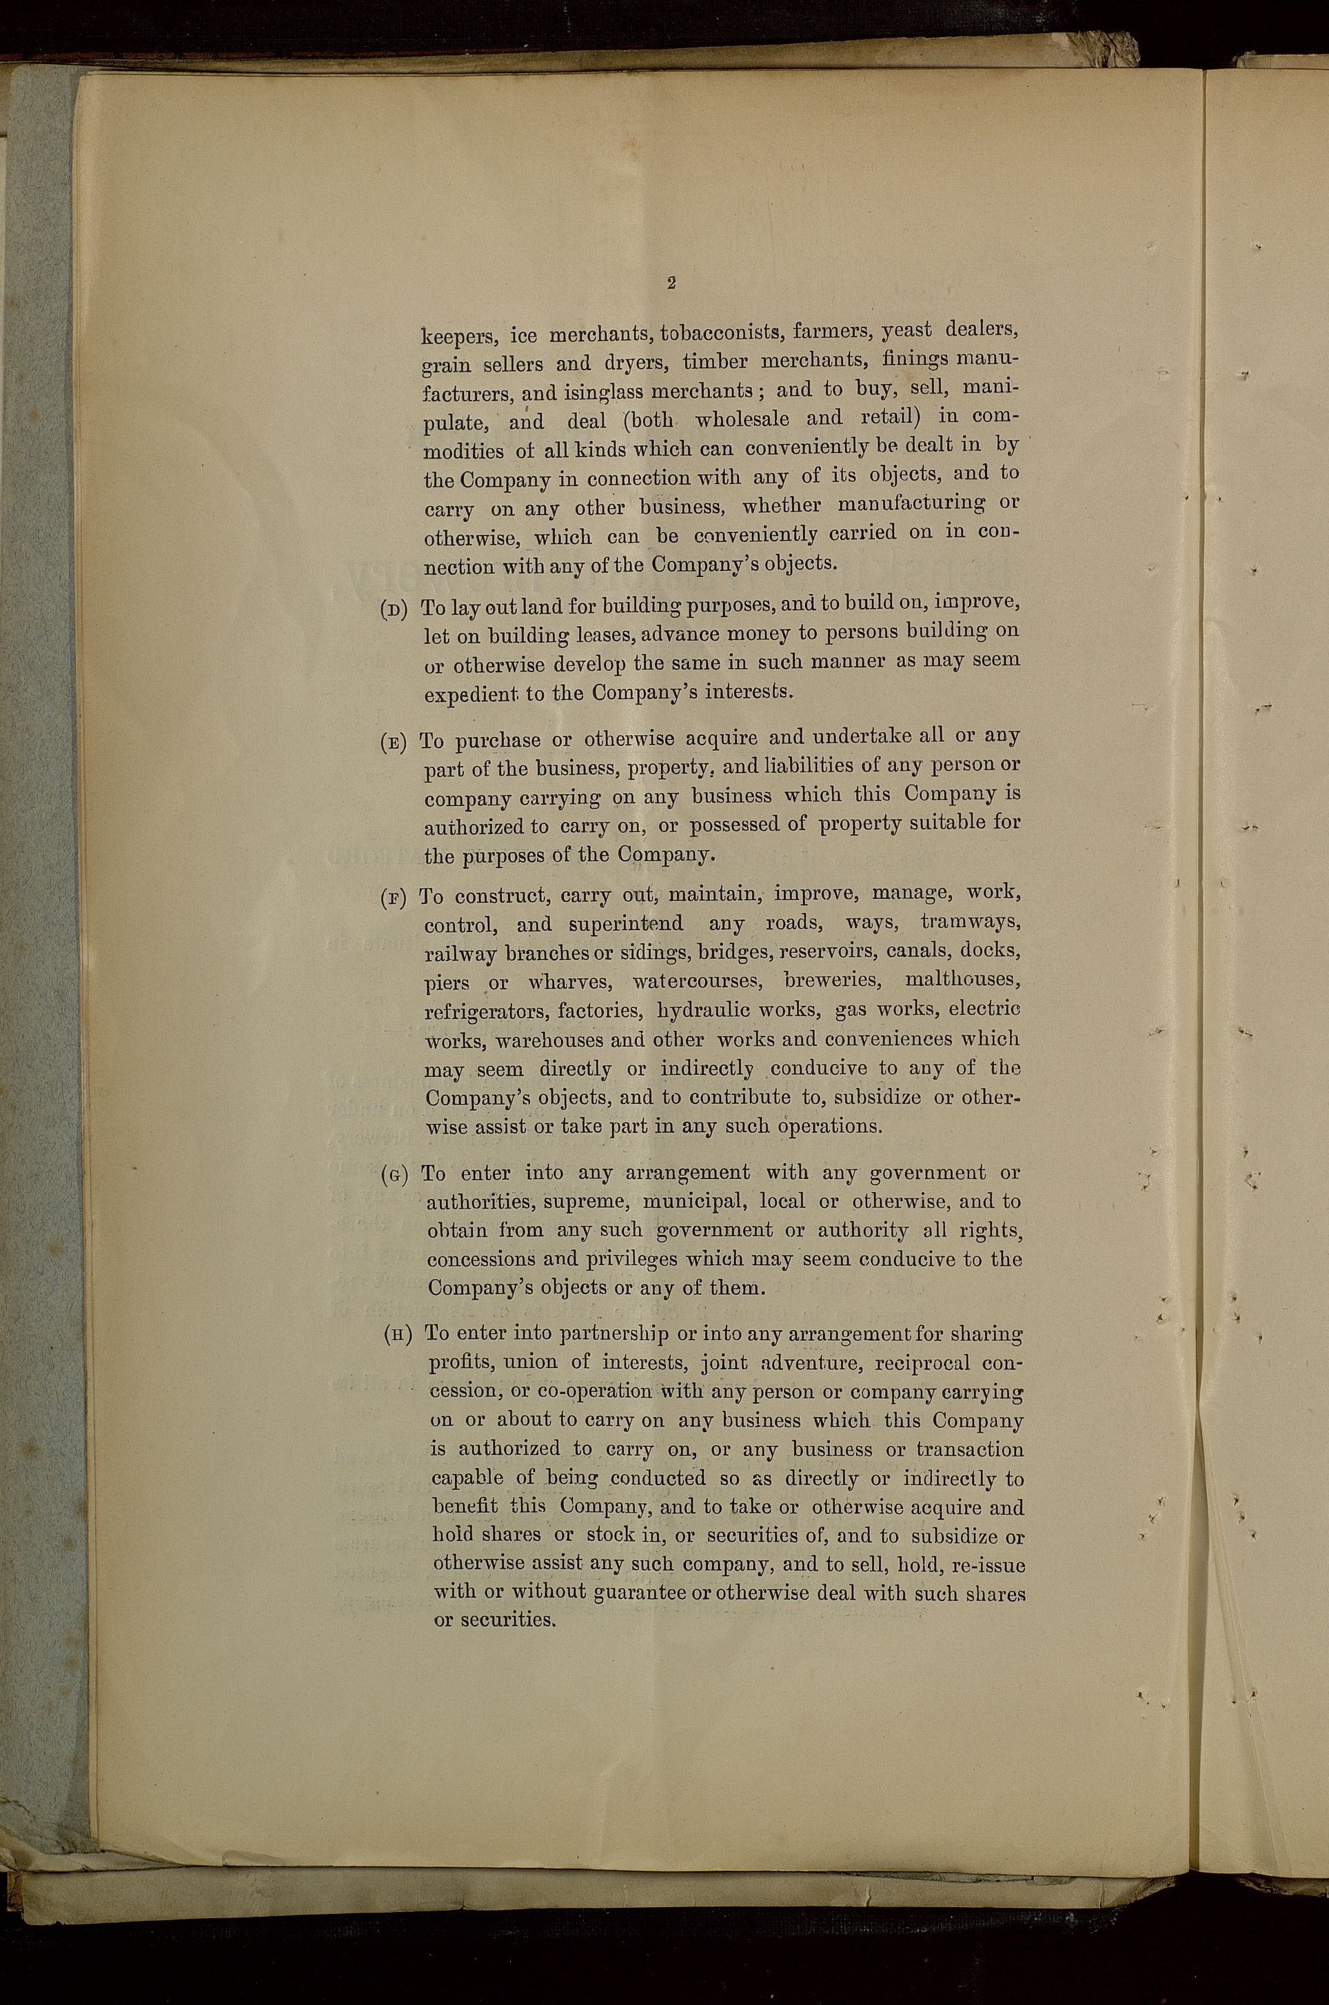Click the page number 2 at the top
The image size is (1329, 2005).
(x=671, y=284)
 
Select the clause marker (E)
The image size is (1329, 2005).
(x=395, y=741)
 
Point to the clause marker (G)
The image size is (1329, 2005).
(x=396, y=1175)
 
